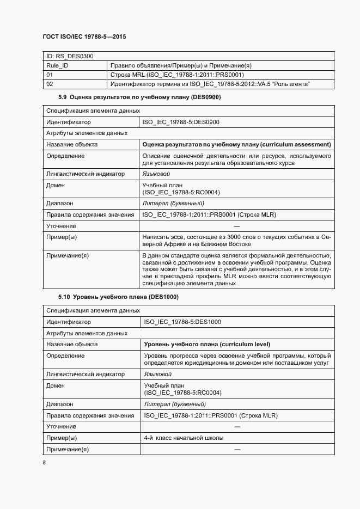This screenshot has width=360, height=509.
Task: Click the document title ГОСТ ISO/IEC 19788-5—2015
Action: (x=84, y=36)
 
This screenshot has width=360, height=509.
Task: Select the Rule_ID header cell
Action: (x=57, y=65)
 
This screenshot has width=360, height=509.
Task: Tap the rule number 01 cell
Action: (x=50, y=75)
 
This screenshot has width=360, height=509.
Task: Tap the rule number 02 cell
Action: (x=50, y=84)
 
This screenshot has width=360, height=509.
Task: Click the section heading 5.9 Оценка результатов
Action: (x=139, y=97)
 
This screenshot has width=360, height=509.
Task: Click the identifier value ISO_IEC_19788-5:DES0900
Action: (x=181, y=122)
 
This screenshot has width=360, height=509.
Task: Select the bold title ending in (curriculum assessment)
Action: (x=236, y=145)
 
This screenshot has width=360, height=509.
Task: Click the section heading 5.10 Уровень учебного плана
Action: (x=118, y=297)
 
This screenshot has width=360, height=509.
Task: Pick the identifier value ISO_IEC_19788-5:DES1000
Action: (x=182, y=322)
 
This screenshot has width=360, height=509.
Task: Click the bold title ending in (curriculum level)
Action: (x=207, y=344)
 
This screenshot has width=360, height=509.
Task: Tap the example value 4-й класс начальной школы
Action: (x=184, y=438)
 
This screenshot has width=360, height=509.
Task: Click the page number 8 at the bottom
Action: (x=44, y=463)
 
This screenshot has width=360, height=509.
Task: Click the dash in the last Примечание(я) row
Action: (x=237, y=449)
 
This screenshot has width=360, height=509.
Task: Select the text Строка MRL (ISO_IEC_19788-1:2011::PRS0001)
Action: (x=177, y=75)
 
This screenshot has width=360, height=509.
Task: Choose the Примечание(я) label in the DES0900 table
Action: (x=68, y=255)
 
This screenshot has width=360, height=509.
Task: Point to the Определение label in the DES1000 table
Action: (x=65, y=355)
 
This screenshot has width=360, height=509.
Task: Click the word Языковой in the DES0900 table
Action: (x=156, y=174)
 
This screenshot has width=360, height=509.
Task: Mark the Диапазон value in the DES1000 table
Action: (x=174, y=404)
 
